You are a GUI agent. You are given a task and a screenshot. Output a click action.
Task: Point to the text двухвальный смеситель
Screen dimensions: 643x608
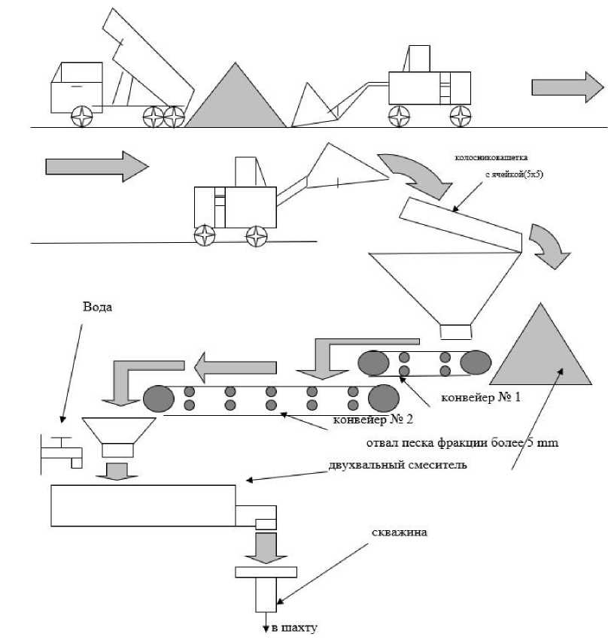[399, 464]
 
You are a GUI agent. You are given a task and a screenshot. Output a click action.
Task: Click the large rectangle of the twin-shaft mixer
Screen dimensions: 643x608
[143, 505]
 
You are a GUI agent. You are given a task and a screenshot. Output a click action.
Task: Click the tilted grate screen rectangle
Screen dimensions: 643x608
[460, 225]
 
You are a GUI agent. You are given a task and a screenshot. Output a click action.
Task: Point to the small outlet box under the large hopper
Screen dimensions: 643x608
[455, 331]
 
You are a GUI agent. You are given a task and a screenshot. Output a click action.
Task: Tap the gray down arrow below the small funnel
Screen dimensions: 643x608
[116, 472]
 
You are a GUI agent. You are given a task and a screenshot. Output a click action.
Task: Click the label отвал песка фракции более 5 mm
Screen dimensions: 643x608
[461, 443]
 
